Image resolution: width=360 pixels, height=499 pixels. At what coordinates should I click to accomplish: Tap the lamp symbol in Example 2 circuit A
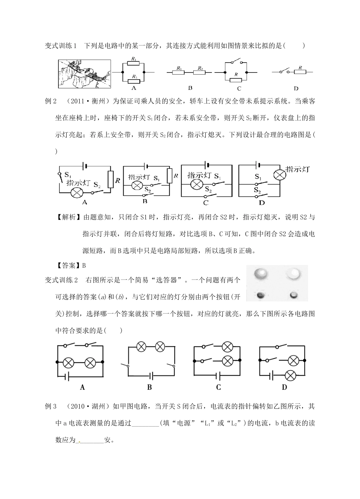click(x=77, y=192)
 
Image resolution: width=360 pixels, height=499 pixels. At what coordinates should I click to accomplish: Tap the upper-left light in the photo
click(x=261, y=273)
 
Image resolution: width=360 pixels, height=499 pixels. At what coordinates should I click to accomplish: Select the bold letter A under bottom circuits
click(x=82, y=387)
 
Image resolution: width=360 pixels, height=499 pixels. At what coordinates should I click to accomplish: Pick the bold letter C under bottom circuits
click(x=218, y=387)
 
